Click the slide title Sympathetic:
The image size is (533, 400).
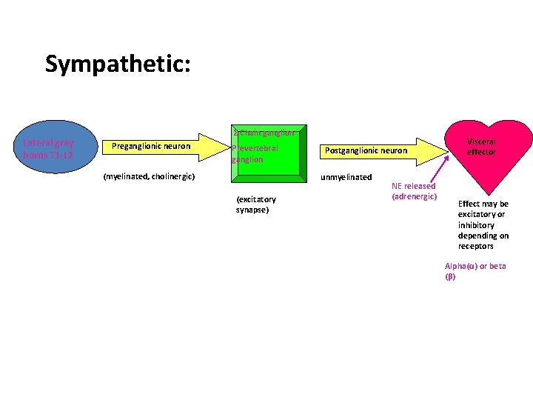click(118, 64)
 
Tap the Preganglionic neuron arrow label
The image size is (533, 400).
click(151, 146)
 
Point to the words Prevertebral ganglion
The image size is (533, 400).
click(255, 153)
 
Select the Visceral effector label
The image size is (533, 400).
click(481, 146)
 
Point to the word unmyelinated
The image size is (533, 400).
click(346, 177)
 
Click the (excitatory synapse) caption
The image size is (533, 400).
click(255, 204)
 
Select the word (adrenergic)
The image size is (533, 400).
click(415, 196)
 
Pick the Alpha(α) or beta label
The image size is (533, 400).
click(475, 266)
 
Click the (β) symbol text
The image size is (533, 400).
click(450, 277)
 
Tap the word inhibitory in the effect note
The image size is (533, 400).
click(476, 225)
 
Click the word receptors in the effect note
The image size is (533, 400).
click(475, 246)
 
